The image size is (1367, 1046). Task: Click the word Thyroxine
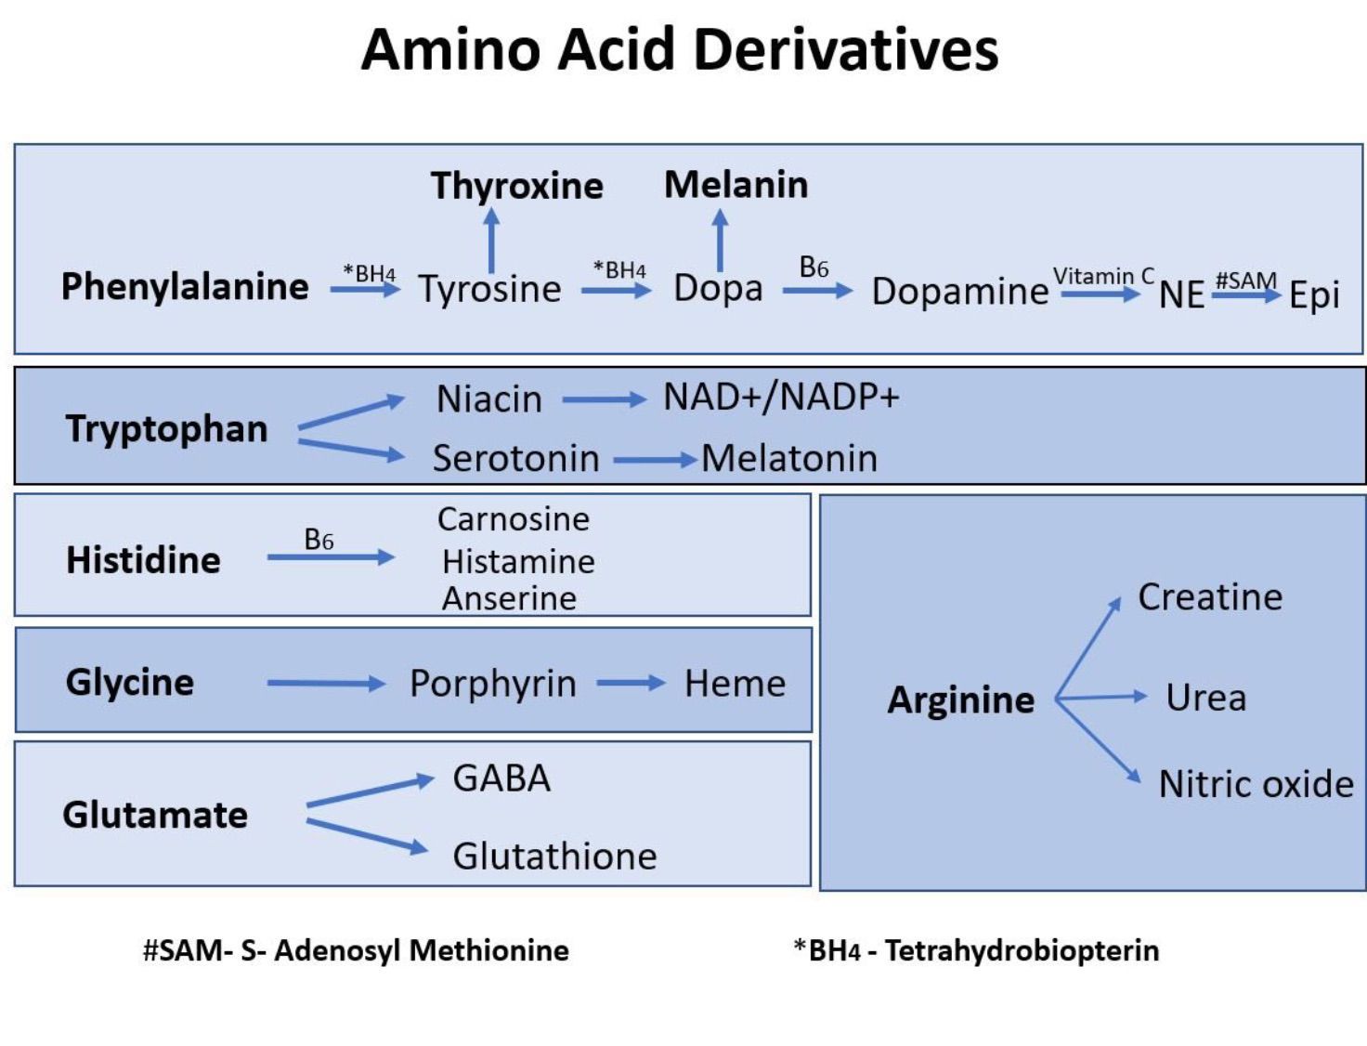point(516,186)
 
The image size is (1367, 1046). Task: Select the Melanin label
point(736,185)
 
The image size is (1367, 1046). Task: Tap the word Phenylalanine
point(185,286)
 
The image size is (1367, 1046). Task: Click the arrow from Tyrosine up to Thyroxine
point(491,240)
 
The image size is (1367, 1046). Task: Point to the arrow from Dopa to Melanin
point(720,240)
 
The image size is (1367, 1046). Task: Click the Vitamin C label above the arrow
point(1102,276)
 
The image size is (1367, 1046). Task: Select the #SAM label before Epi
point(1245,280)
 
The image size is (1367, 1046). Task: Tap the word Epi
point(1314,295)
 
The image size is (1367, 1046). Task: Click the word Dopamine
point(959,292)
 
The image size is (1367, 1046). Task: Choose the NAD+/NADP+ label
point(781,397)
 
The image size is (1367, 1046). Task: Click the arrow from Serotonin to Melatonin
point(655,459)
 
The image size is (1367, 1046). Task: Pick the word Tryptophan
point(166,429)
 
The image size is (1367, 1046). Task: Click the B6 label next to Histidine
point(319,540)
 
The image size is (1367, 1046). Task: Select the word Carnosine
point(513,519)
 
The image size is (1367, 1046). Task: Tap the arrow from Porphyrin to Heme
point(631,684)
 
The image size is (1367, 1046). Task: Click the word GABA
point(501,778)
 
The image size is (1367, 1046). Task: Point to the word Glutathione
point(554,856)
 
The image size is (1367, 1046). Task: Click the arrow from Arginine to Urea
point(1102,697)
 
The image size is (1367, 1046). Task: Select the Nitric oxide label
point(1256,784)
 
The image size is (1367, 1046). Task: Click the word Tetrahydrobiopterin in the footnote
point(1022,950)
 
